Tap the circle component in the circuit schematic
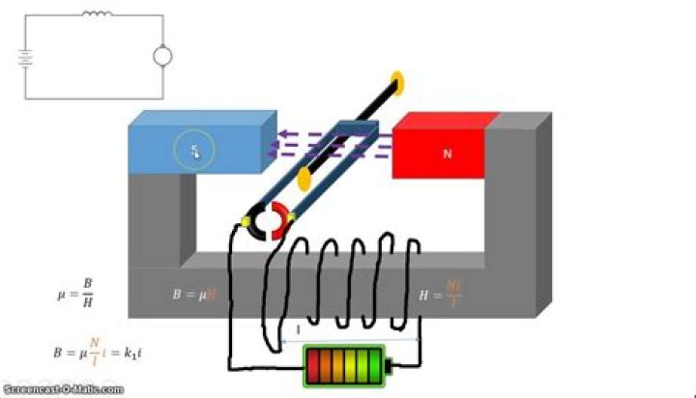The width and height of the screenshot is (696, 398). pos(162,56)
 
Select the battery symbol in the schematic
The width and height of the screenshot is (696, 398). pos(25,56)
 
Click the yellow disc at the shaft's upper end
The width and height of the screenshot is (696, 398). pos(396,81)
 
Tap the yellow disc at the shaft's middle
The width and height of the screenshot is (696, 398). pos(304,177)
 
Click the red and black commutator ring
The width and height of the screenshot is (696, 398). pos(270,222)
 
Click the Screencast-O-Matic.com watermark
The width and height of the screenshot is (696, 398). pos(62,390)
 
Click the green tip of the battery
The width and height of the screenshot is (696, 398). pos(390,367)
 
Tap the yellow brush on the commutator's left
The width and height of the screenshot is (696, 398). pos(246,223)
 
